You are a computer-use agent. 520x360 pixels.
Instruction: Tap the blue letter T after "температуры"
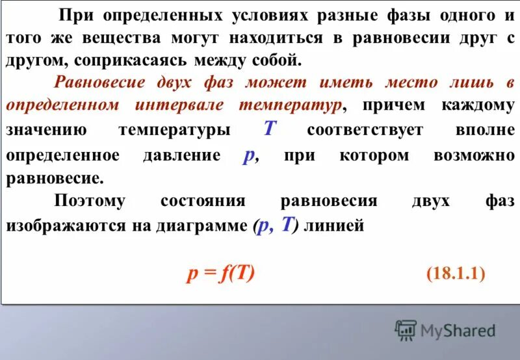point(270,129)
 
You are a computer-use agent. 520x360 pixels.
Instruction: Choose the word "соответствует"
point(365,130)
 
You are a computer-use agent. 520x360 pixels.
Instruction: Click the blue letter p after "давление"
point(248,157)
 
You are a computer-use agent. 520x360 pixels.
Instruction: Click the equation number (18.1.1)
point(456,274)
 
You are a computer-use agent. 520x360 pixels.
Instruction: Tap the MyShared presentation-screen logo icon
point(406,330)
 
